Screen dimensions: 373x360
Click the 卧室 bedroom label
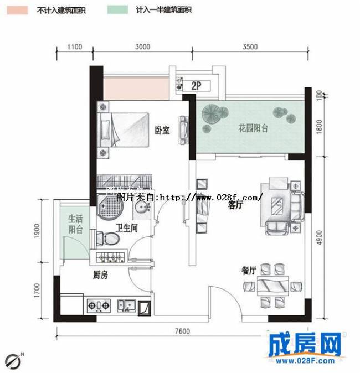tap(162, 131)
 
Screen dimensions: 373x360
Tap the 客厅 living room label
tap(236, 205)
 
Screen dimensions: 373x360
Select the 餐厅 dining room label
tap(248, 271)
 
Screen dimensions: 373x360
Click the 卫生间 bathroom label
tap(127, 227)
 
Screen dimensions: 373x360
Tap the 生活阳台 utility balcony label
tap(75, 224)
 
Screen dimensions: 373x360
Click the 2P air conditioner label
tap(195, 86)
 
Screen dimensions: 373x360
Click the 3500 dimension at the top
tap(250, 47)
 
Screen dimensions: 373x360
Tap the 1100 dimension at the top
tap(75, 47)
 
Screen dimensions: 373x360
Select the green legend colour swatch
tap(116, 10)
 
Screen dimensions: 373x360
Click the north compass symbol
tap(15, 359)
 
